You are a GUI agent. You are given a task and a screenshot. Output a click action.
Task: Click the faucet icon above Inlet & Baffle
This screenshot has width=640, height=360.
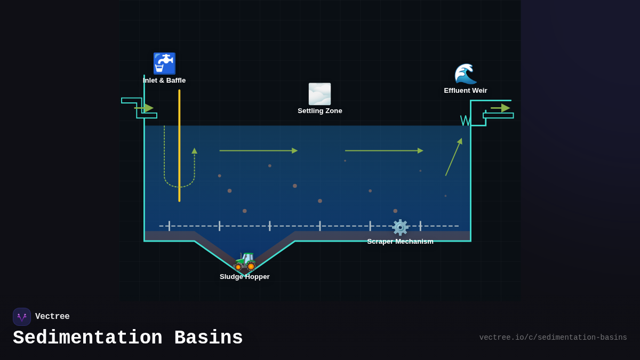[x=164, y=63]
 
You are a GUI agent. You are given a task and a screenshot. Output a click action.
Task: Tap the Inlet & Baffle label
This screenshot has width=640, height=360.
[x=164, y=81]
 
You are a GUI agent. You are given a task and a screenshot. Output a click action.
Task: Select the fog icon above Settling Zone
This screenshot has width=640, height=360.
[x=319, y=94]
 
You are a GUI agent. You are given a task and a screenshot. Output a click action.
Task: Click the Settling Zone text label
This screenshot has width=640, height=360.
[x=319, y=111]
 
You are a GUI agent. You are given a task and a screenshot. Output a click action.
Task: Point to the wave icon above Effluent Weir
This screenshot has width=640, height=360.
[x=465, y=74]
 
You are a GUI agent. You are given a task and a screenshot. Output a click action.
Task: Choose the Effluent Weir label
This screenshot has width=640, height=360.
[x=465, y=91]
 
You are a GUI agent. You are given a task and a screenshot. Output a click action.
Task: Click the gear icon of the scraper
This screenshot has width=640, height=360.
[x=400, y=227]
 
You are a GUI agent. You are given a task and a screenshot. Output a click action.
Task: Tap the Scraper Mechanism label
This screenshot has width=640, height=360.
[x=400, y=242]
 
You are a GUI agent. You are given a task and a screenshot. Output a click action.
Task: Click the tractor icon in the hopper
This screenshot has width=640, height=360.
[x=245, y=260]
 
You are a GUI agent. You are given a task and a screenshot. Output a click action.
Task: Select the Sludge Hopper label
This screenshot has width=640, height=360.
[x=245, y=277]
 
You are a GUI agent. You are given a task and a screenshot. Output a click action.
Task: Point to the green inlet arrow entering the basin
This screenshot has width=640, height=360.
[x=145, y=108]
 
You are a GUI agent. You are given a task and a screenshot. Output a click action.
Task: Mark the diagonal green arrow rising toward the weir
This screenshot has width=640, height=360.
[x=454, y=157]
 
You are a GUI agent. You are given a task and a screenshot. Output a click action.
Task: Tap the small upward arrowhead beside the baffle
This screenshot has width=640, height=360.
[x=194, y=151]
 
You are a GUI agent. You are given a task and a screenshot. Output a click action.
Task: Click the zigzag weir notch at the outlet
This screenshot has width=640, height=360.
[x=466, y=121]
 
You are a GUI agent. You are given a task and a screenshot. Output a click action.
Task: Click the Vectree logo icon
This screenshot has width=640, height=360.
[x=22, y=317]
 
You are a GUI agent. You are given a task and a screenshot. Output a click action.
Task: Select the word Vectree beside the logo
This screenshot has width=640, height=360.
[x=52, y=317]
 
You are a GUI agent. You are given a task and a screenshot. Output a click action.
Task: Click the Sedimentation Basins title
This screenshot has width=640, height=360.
[x=128, y=338]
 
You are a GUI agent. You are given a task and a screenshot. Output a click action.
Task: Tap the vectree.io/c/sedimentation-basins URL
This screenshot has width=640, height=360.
[x=553, y=338]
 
